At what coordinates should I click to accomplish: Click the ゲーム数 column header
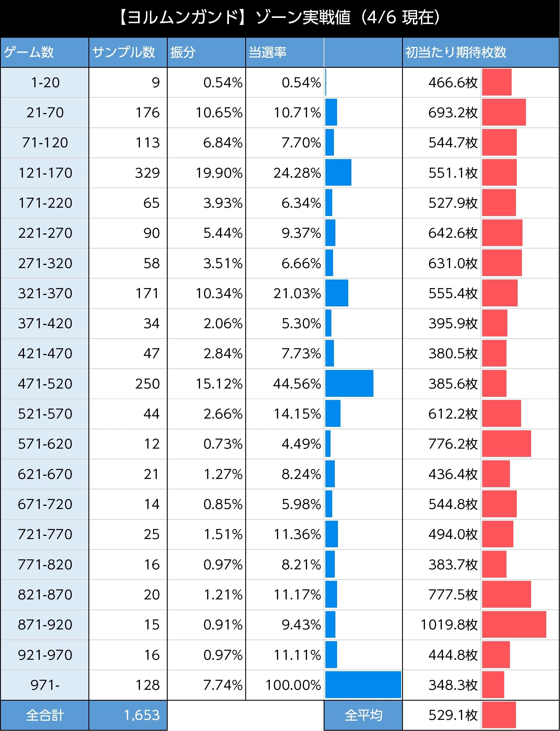click(x=29, y=52)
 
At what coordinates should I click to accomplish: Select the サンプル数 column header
click(x=123, y=52)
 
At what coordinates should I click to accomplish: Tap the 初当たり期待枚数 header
click(x=456, y=52)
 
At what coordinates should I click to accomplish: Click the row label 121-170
click(x=45, y=173)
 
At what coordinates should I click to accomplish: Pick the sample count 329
click(x=147, y=173)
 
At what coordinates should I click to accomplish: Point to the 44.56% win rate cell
click(x=297, y=384)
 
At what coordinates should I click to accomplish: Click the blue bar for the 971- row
click(x=363, y=685)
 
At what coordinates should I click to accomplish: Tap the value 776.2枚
click(x=453, y=444)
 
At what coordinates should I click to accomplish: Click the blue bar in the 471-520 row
click(x=349, y=383)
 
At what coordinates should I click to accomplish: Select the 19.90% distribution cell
click(x=219, y=173)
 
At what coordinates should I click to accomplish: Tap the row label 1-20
click(x=45, y=83)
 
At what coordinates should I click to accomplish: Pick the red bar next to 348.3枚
click(x=493, y=685)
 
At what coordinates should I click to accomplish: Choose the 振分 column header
click(x=183, y=52)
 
